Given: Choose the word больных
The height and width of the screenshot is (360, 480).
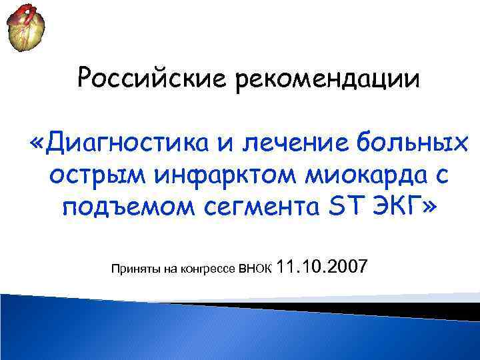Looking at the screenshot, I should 403,141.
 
